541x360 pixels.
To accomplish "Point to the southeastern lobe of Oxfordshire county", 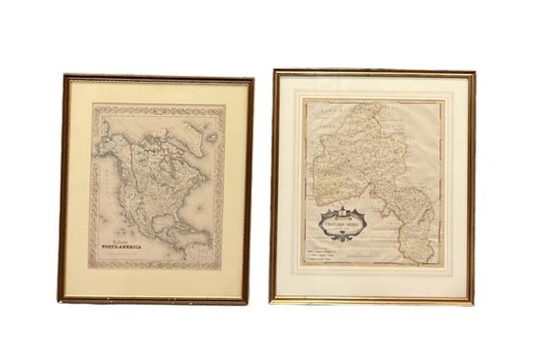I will click(x=420, y=238).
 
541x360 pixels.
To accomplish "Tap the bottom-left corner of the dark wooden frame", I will click(x=61, y=301).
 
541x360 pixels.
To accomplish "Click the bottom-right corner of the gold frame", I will click(x=472, y=301).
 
